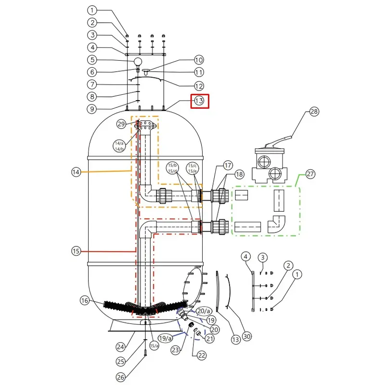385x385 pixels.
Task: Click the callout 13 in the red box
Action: click(x=199, y=101)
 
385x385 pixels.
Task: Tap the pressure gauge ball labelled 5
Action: click(x=138, y=62)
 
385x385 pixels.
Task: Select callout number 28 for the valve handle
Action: click(x=314, y=112)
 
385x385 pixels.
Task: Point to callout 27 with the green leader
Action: click(x=310, y=174)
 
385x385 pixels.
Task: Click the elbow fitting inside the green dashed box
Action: click(x=276, y=224)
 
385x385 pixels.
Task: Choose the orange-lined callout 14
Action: click(x=76, y=172)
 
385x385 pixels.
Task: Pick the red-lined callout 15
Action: click(x=76, y=251)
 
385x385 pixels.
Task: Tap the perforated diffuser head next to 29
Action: click(x=145, y=125)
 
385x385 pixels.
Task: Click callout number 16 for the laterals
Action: click(x=85, y=300)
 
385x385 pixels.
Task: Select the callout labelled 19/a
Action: click(x=165, y=338)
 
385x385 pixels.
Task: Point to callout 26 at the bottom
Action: click(x=121, y=377)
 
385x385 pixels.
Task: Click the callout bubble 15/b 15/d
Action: click(x=173, y=168)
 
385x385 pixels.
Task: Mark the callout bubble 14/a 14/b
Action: click(x=119, y=146)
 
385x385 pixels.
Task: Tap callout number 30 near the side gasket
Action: click(x=247, y=336)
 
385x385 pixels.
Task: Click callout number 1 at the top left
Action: click(x=92, y=10)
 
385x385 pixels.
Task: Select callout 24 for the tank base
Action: click(x=121, y=347)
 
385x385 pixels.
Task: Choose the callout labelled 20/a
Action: click(x=204, y=311)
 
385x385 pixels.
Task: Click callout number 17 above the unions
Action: click(x=228, y=165)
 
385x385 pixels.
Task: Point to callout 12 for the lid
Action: click(x=199, y=86)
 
